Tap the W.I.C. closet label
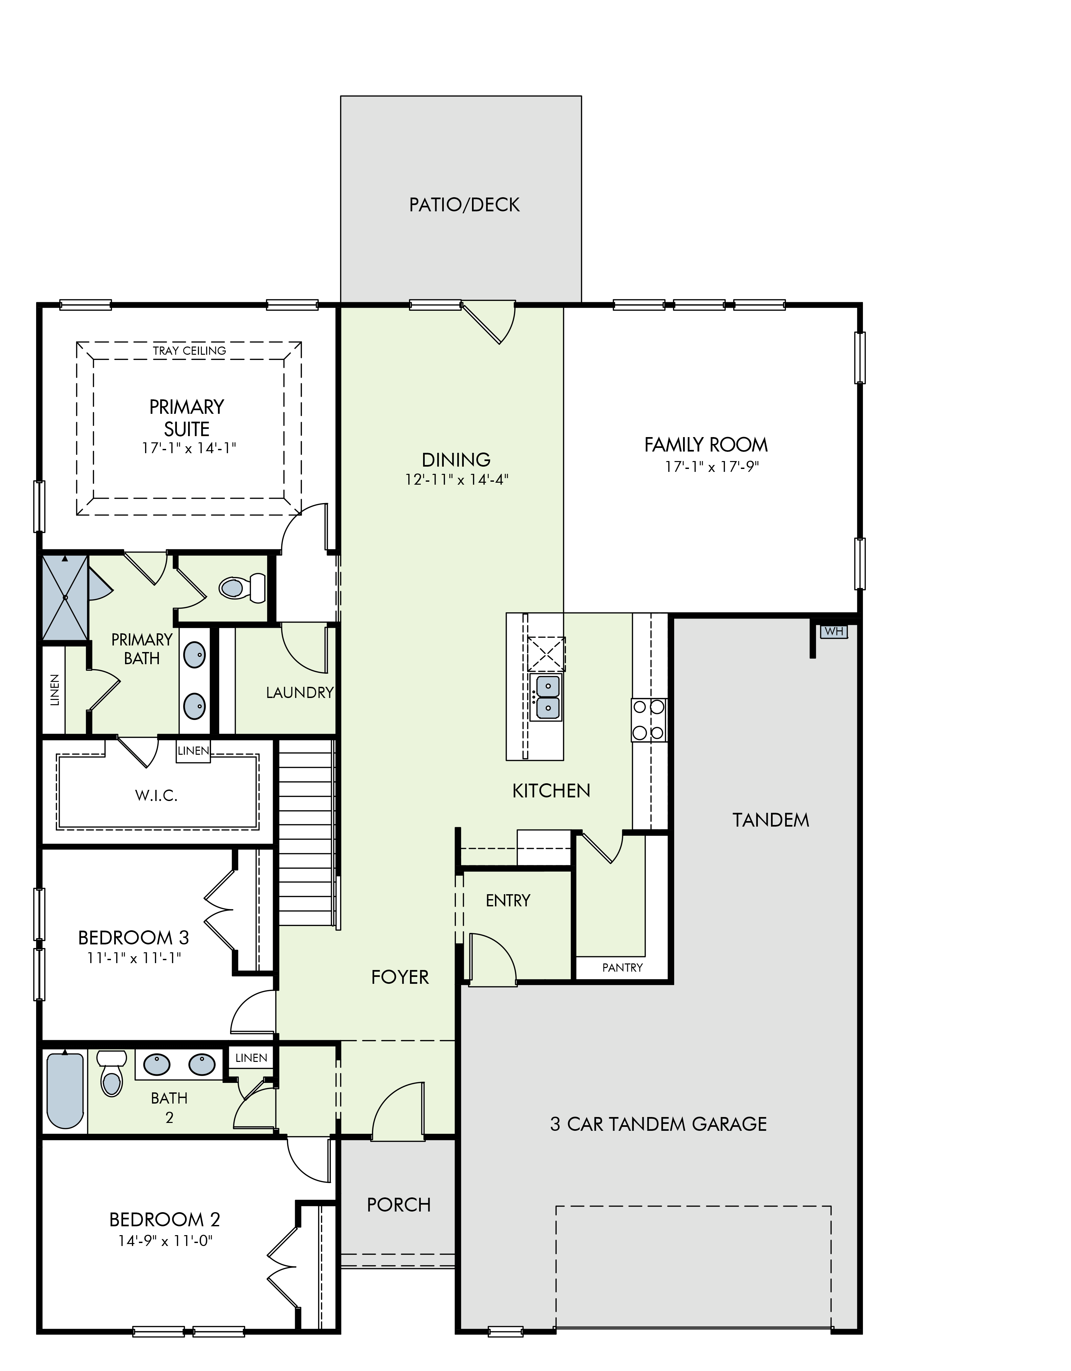point(156,796)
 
